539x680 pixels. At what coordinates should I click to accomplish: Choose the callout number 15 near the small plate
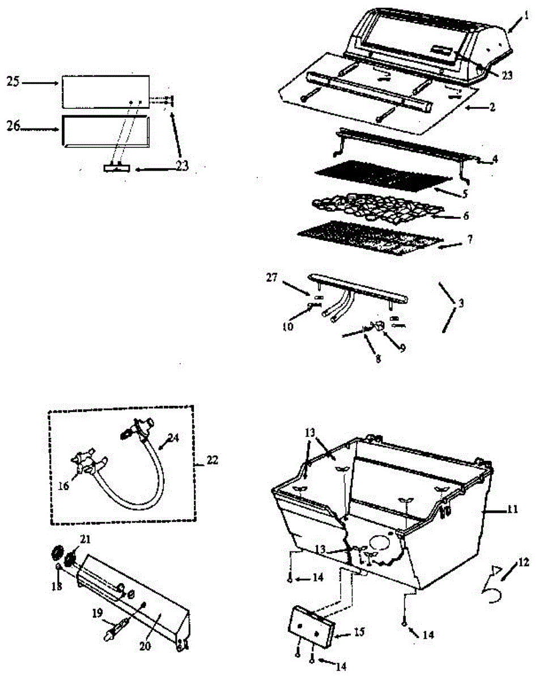click(x=359, y=631)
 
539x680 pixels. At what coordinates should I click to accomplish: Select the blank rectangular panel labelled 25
click(x=105, y=91)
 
